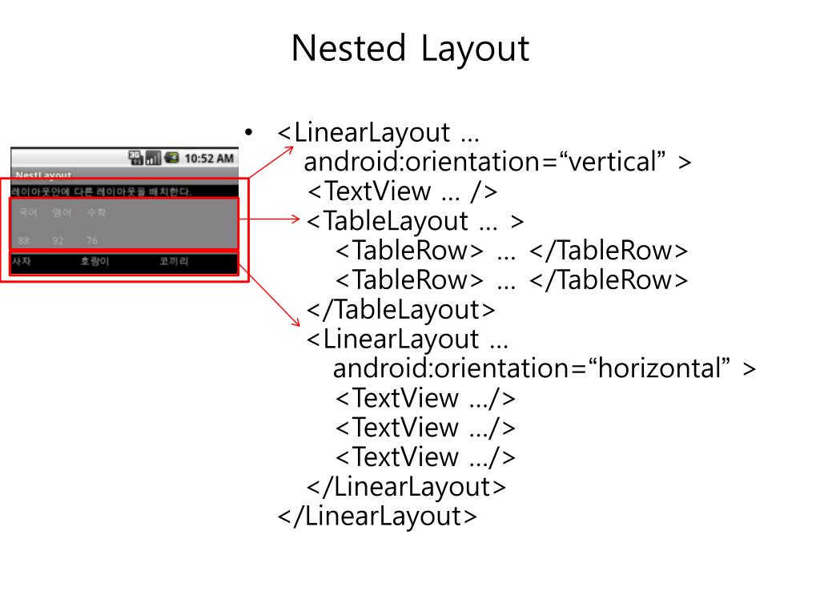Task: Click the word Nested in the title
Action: [348, 49]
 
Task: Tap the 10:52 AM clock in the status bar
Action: [209, 159]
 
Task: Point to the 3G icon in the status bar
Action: [135, 158]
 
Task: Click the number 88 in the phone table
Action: [24, 240]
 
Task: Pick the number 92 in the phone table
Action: [58, 240]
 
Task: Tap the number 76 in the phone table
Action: [92, 240]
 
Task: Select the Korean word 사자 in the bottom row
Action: [21, 262]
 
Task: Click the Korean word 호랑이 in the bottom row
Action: [94, 262]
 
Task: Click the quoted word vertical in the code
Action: [617, 163]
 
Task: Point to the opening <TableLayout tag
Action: [388, 221]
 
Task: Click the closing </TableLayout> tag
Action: [401, 309]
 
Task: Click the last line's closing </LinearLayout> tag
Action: [376, 516]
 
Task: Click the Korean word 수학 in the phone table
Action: [96, 213]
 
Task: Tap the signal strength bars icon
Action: [153, 159]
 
